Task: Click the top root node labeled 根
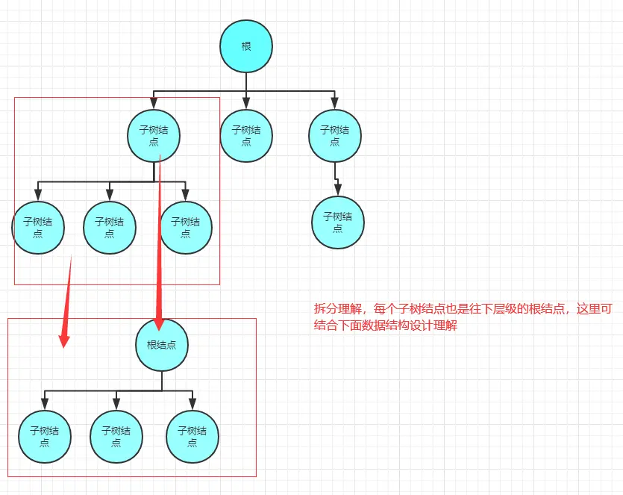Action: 246,46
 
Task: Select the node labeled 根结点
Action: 162,345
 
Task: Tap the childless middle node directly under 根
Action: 246,135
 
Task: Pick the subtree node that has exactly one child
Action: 335,135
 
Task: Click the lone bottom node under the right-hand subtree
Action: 337,222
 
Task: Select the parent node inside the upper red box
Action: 154,135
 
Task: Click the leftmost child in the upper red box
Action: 38,228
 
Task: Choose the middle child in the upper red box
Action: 110,228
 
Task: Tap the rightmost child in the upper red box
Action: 186,228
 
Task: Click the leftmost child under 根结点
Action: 44,437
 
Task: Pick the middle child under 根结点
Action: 116,437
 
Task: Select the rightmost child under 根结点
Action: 192,437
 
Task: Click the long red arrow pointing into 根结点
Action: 159,246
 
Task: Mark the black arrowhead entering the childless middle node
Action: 246,103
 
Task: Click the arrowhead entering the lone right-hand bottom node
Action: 337,190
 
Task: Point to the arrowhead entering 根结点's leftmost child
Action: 44,404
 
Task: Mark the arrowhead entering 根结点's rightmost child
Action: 192,404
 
